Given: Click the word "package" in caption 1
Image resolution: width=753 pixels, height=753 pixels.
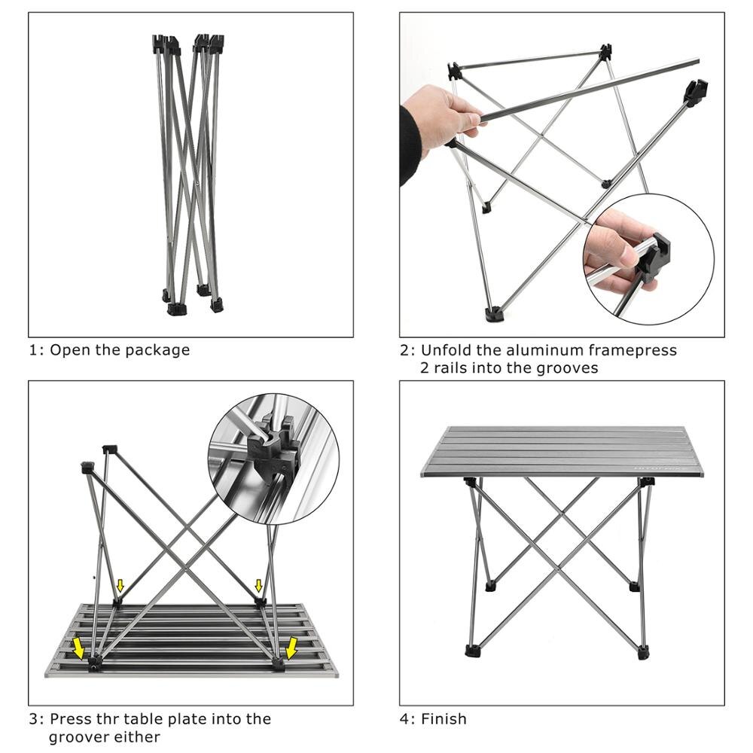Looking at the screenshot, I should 158,350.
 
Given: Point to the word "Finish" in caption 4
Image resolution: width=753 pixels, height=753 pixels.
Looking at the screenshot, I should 444,719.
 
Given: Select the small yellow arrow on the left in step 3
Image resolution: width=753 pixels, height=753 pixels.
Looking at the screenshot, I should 120,586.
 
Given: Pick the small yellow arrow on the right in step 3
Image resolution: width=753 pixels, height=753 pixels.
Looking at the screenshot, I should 259,586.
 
